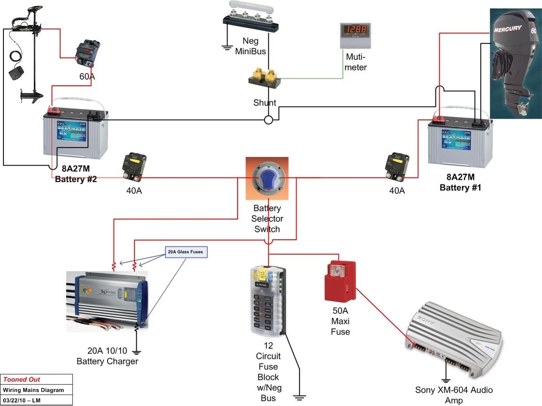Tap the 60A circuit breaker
click(88, 52)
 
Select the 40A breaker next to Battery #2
click(134, 167)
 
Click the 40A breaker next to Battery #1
click(397, 166)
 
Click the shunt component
click(264, 77)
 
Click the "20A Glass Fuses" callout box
click(186, 252)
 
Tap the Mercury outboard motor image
click(515, 64)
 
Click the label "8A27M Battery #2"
click(76, 173)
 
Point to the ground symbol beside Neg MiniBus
click(226, 47)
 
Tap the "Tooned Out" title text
click(22, 379)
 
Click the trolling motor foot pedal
click(16, 73)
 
